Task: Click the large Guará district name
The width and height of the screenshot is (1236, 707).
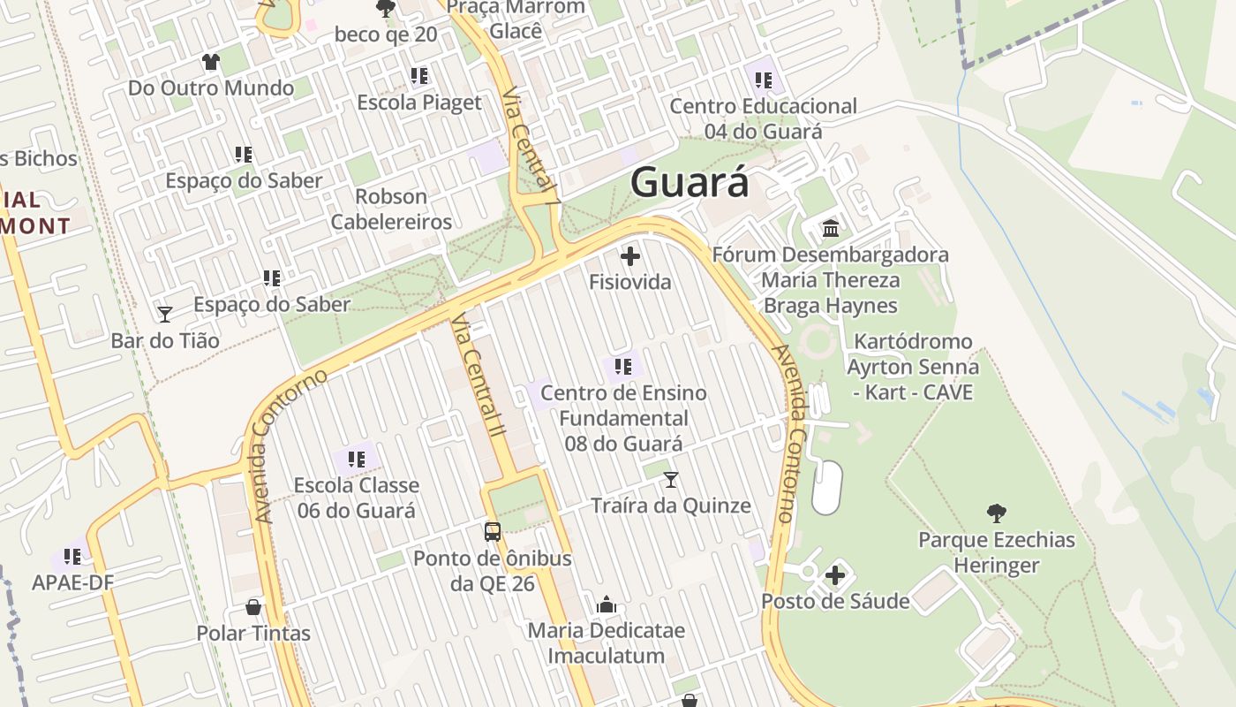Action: (x=690, y=183)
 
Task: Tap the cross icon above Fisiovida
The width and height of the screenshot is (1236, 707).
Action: (x=630, y=257)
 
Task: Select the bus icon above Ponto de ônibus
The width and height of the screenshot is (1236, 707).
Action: (x=493, y=532)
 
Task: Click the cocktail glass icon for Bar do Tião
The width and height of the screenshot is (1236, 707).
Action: (x=164, y=314)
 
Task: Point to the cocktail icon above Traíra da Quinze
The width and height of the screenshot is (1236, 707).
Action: (x=671, y=480)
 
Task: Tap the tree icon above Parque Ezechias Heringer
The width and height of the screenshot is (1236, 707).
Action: (x=997, y=513)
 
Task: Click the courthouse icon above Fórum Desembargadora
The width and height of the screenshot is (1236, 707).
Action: (x=831, y=229)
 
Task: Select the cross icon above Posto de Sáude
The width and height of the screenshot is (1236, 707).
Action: (x=835, y=575)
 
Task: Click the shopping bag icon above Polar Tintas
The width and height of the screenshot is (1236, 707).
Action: (x=253, y=607)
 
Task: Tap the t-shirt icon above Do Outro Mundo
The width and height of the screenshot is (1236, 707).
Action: (x=210, y=62)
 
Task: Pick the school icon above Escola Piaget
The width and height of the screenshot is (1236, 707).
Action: (x=419, y=76)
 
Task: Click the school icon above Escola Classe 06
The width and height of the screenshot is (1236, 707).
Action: (x=357, y=459)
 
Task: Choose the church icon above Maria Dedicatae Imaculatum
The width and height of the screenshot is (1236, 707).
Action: (x=606, y=604)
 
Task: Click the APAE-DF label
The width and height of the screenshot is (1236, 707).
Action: (x=73, y=582)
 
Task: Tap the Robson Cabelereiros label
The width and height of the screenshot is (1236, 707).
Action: (x=391, y=209)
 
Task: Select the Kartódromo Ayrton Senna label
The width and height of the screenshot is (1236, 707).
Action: (x=913, y=366)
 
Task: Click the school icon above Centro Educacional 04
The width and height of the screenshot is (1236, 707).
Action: (x=764, y=80)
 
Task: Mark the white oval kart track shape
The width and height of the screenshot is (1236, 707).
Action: (x=826, y=487)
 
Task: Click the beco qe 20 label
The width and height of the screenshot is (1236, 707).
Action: (x=386, y=34)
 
